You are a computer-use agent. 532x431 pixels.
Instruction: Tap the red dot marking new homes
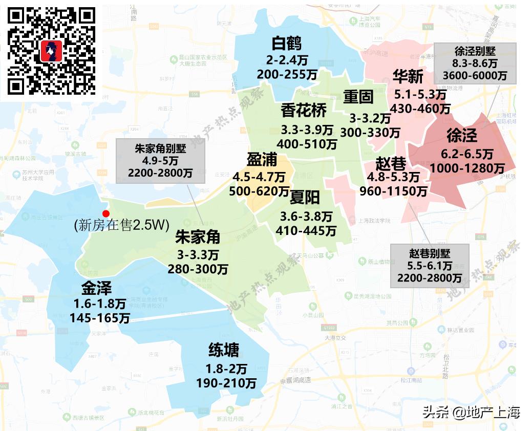click(106, 213)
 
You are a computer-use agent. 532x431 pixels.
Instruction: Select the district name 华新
click(408, 77)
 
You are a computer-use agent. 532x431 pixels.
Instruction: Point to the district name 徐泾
click(461, 136)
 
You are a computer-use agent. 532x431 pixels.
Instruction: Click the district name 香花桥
click(304, 110)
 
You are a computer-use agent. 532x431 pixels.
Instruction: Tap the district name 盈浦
click(262, 160)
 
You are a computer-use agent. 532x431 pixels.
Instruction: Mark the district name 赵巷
click(391, 164)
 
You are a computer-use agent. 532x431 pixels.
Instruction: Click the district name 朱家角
click(198, 237)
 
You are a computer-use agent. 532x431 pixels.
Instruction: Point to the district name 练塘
click(223, 351)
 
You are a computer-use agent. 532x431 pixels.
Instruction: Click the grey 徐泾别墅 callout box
click(475, 63)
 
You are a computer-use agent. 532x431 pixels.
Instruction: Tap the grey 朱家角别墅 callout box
click(160, 161)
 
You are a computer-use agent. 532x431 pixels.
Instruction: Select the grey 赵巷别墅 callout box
click(430, 266)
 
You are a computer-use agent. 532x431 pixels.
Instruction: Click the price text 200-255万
click(287, 74)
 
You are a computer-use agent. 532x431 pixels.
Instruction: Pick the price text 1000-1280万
click(467, 168)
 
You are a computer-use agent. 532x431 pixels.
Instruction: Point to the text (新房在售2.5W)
click(121, 226)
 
